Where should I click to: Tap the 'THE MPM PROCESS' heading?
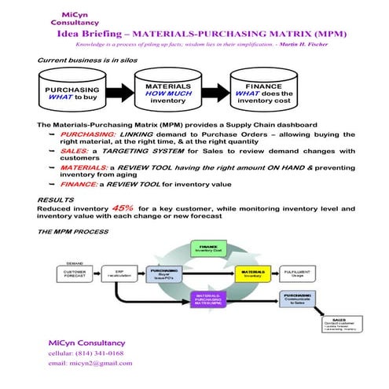(73, 233)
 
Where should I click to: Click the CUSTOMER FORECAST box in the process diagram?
(72, 273)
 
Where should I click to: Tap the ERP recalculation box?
(121, 273)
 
